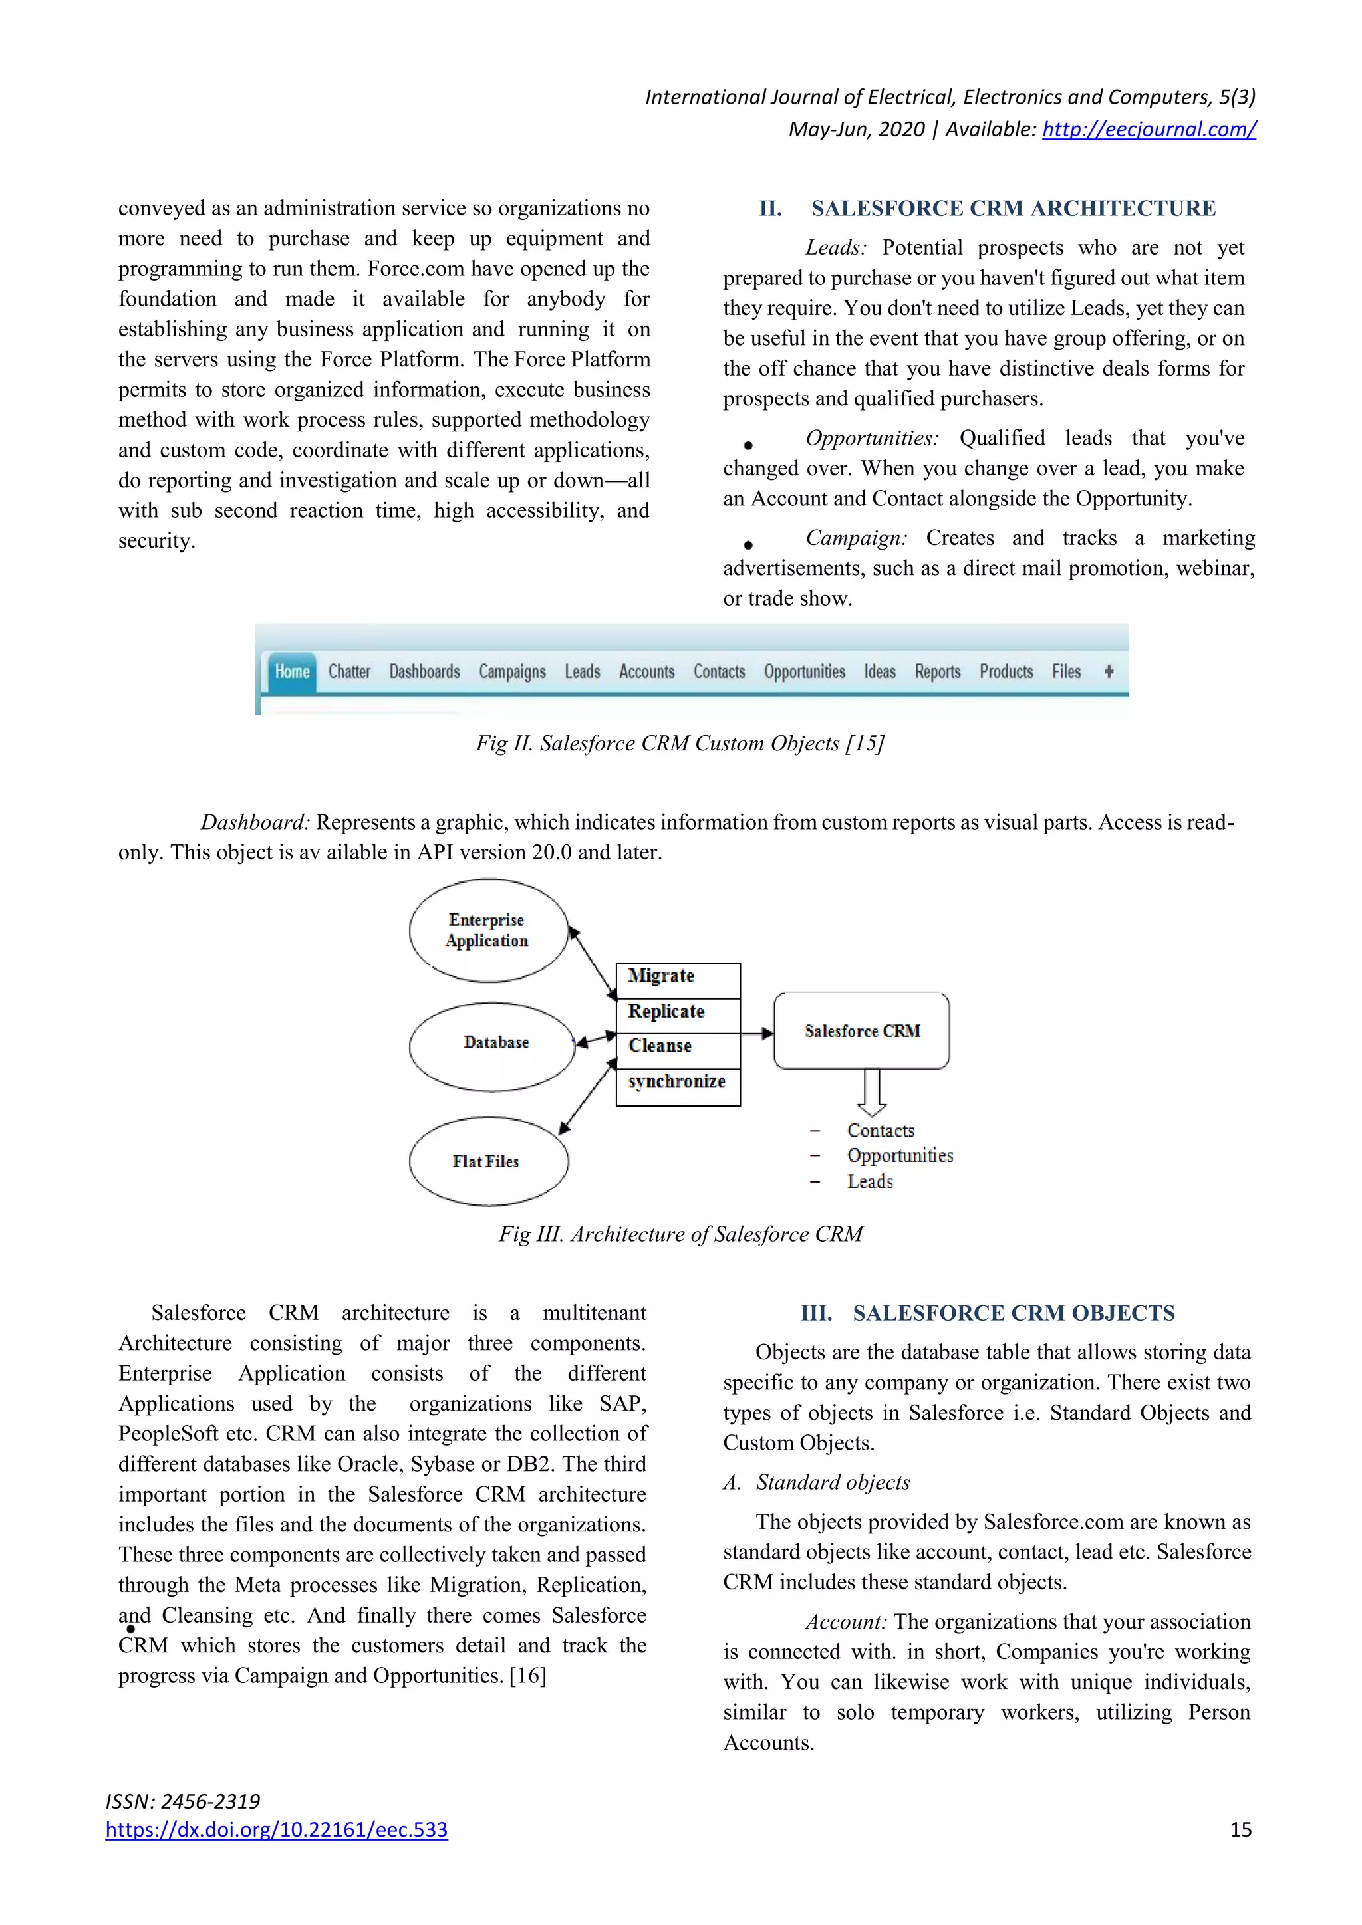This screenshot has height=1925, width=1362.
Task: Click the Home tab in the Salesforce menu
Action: [292, 671]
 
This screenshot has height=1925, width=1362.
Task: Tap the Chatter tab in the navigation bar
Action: [349, 671]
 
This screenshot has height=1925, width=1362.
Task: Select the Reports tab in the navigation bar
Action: [937, 671]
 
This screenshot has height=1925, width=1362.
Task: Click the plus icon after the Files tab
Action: [1108, 671]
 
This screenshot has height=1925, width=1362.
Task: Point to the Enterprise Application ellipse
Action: [488, 930]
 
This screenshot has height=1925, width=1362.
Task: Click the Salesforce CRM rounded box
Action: [861, 1030]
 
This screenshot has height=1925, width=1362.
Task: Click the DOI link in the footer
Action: [277, 1829]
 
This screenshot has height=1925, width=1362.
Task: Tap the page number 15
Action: [1240, 1829]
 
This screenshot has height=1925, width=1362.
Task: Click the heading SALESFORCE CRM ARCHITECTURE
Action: [1012, 208]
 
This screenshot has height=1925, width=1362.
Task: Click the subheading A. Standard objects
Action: [818, 1482]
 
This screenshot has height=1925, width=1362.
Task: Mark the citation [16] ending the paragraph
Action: [527, 1675]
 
